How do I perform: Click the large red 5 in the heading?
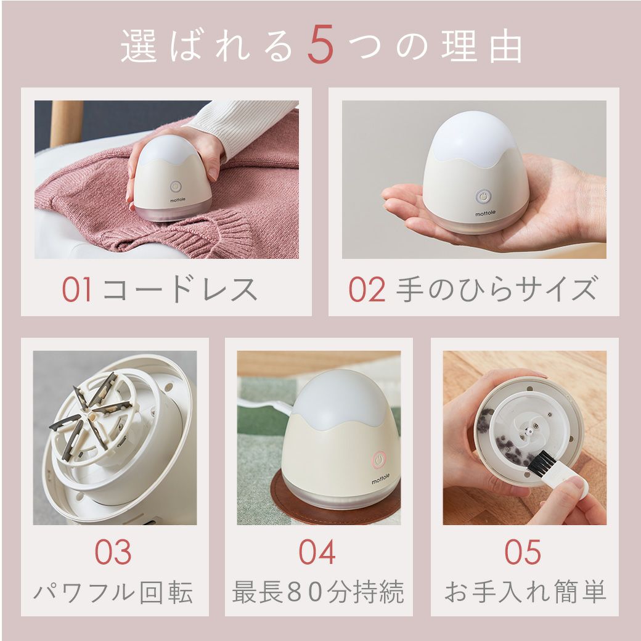(321, 45)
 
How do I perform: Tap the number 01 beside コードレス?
(77, 290)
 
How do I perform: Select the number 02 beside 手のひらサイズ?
(367, 290)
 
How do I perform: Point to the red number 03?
(113, 552)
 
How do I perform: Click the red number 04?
(317, 552)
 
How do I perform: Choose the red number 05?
(523, 552)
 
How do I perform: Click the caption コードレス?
(180, 290)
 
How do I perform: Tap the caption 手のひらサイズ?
(497, 290)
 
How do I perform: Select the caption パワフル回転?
(113, 592)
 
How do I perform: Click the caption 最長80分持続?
(318, 592)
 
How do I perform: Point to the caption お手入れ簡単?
(525, 592)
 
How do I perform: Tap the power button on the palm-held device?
(484, 197)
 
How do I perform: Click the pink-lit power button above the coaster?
(380, 459)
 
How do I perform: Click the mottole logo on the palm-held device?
(485, 213)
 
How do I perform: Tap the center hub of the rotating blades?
(92, 416)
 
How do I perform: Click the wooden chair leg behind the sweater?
(66, 123)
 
